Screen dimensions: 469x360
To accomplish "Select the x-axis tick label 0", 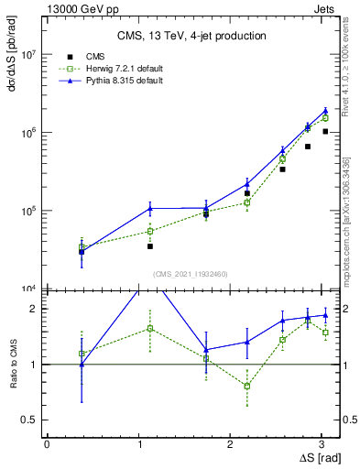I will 46,443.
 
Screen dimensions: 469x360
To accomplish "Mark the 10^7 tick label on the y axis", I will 27,55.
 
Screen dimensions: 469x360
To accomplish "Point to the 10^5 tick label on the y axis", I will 27,211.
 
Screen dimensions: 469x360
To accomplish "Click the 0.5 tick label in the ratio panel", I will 29,420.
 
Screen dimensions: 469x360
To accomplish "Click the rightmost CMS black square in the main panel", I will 325,132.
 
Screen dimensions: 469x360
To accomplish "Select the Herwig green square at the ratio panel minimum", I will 246,386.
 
